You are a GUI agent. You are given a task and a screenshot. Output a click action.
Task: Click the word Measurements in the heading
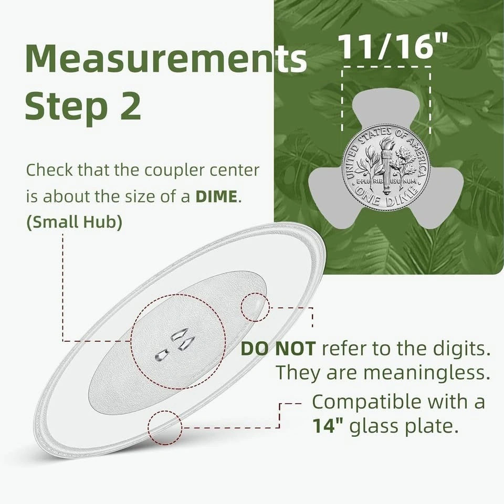point(166,59)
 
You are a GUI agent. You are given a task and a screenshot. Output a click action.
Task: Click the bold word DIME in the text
point(216,196)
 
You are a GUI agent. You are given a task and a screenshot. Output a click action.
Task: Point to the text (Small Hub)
point(74,222)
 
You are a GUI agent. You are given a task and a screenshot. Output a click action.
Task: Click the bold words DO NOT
point(278,349)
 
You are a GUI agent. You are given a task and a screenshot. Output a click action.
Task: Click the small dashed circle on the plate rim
point(165,427)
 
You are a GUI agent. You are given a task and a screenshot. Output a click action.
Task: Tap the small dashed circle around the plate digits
point(255,307)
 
